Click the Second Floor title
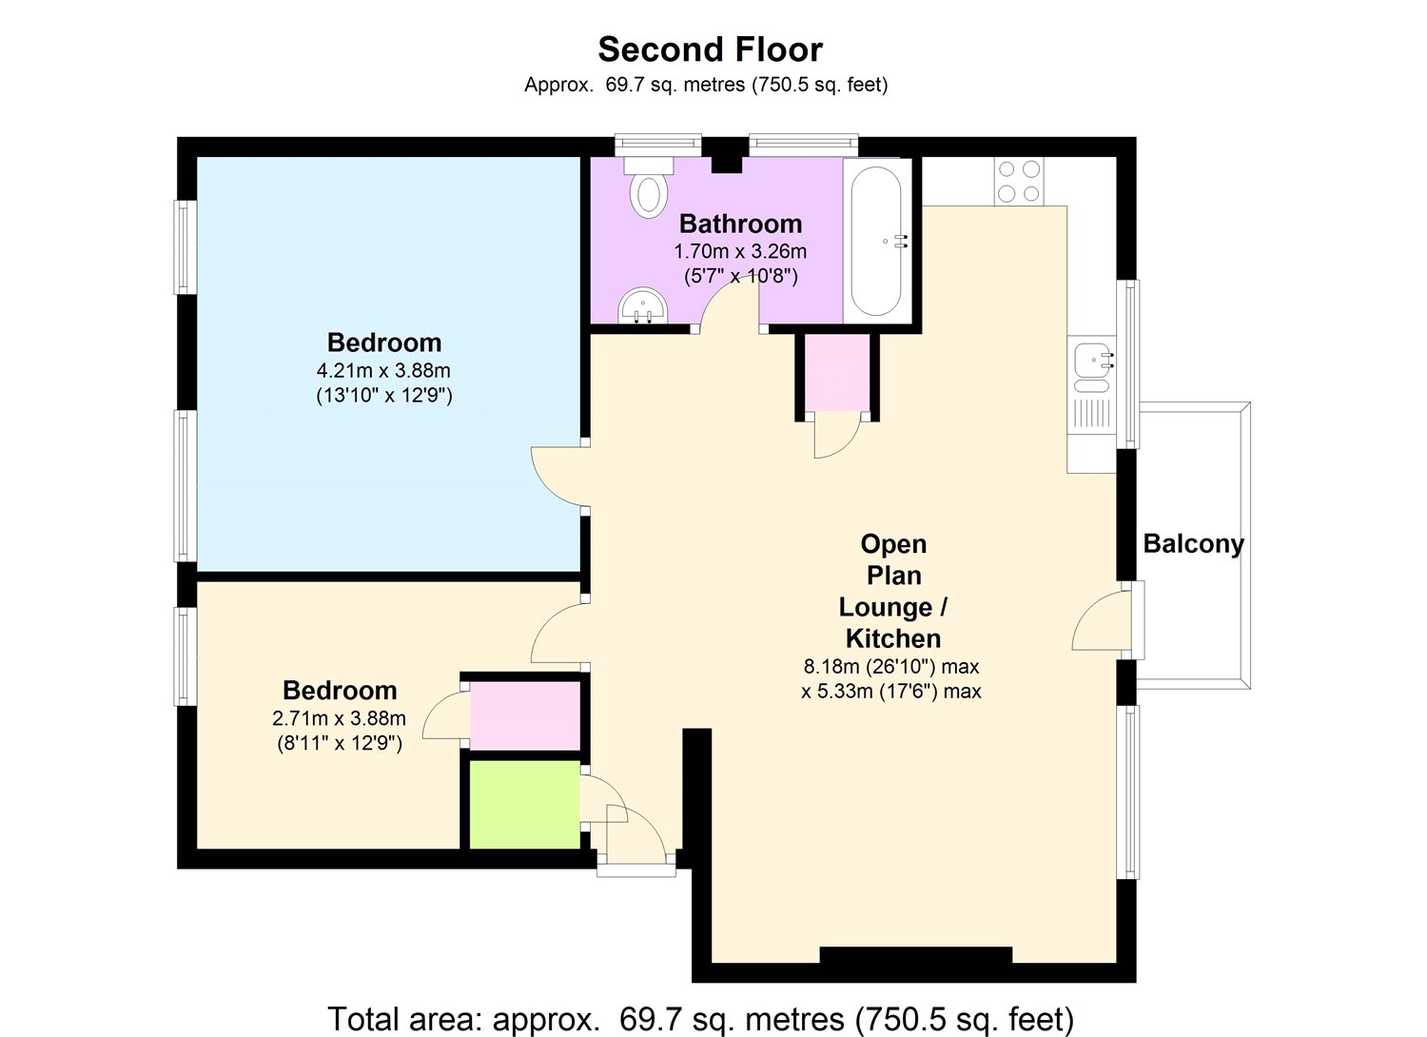point(710,49)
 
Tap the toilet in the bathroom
point(649,188)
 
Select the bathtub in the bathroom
point(875,242)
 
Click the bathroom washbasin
point(644,306)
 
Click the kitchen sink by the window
point(1090,362)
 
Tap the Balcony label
point(1193,544)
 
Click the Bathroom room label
point(740,224)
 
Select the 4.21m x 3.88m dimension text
point(383,370)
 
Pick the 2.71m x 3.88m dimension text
point(339,718)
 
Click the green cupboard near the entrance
point(524,803)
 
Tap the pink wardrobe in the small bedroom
point(525,715)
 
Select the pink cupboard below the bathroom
point(837,372)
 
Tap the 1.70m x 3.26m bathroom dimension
point(740,252)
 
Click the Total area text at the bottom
point(700,1019)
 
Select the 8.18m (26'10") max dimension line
point(891,666)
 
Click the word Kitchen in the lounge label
point(892,638)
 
